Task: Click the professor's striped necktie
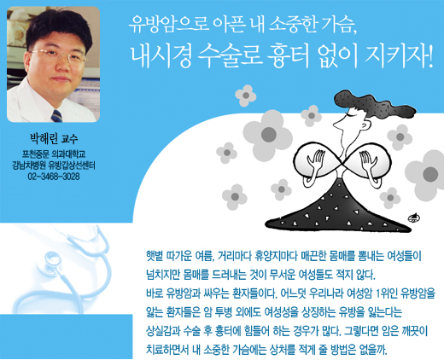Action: coord(56,116)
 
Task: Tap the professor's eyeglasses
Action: coord(59,55)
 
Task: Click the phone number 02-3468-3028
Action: coord(54,177)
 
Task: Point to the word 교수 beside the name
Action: coord(69,139)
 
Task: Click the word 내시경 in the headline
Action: coord(161,56)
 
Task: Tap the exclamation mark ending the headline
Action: coord(429,56)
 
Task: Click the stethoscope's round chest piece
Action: coord(53,260)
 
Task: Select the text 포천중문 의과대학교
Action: coord(54,154)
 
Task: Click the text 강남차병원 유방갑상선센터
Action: coord(54,165)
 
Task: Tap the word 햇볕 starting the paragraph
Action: coord(155,256)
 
